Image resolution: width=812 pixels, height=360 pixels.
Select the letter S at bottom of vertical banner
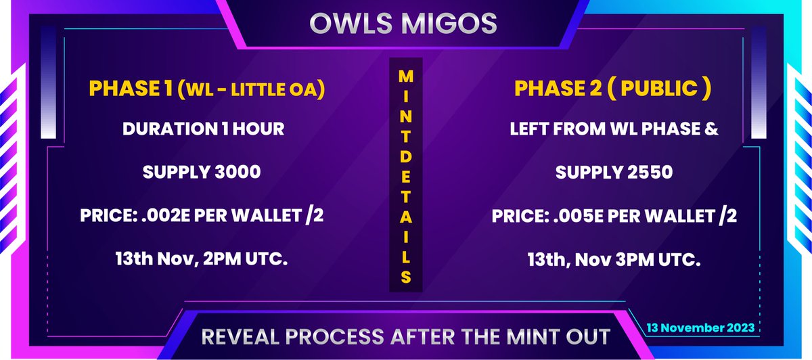405,275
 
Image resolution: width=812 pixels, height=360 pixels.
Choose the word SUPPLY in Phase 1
173,173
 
